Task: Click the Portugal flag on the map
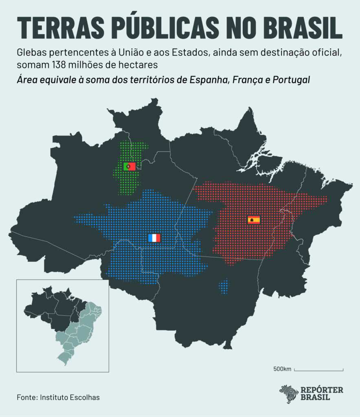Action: point(130,166)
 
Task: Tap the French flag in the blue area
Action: point(154,238)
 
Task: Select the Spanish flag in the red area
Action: point(254,220)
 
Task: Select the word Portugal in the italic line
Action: point(290,79)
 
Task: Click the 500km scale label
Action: point(282,369)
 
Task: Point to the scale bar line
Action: point(318,370)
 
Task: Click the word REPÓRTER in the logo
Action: point(322,390)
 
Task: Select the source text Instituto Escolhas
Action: point(70,397)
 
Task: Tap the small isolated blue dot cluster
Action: point(224,286)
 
